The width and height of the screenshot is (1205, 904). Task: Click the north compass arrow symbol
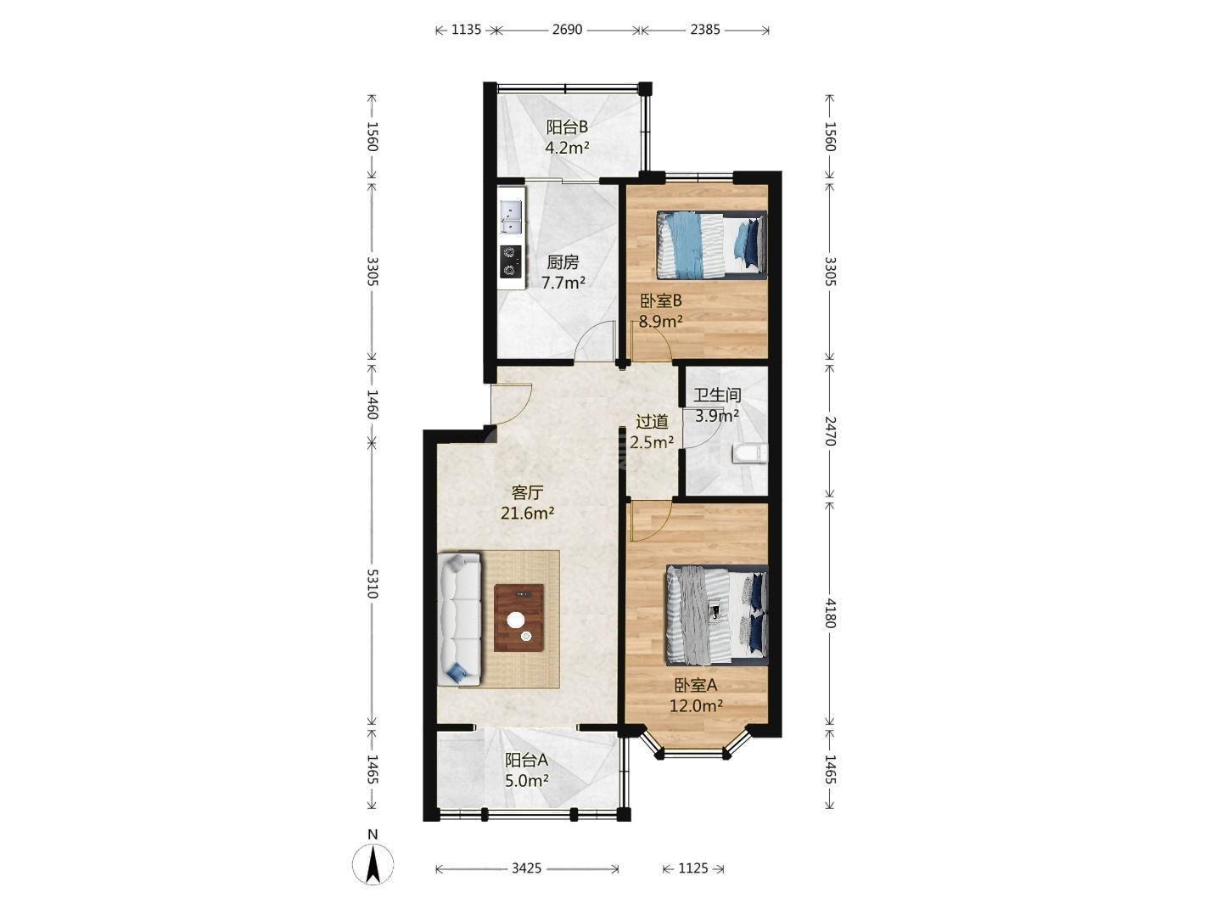point(373,864)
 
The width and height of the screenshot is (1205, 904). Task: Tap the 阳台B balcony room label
point(567,127)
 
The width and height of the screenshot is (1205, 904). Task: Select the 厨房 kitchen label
point(563,262)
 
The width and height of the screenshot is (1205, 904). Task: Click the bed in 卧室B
point(711,245)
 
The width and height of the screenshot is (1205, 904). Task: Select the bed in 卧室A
point(716,615)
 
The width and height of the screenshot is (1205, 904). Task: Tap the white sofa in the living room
point(459,620)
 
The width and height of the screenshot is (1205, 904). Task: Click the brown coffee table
point(518,617)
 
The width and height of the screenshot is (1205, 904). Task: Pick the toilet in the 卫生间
point(749,454)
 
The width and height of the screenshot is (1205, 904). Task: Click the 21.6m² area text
point(527,514)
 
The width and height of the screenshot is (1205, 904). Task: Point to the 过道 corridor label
point(652,422)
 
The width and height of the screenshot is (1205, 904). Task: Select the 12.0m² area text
point(696,705)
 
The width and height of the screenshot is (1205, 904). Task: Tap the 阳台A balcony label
point(526,761)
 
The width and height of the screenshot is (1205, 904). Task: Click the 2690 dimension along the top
point(567,29)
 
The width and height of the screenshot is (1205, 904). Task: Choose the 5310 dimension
point(373,583)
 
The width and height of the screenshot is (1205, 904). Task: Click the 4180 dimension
point(830,613)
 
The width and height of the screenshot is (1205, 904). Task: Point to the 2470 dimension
point(830,431)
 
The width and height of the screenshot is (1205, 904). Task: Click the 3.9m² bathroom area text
point(716,415)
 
